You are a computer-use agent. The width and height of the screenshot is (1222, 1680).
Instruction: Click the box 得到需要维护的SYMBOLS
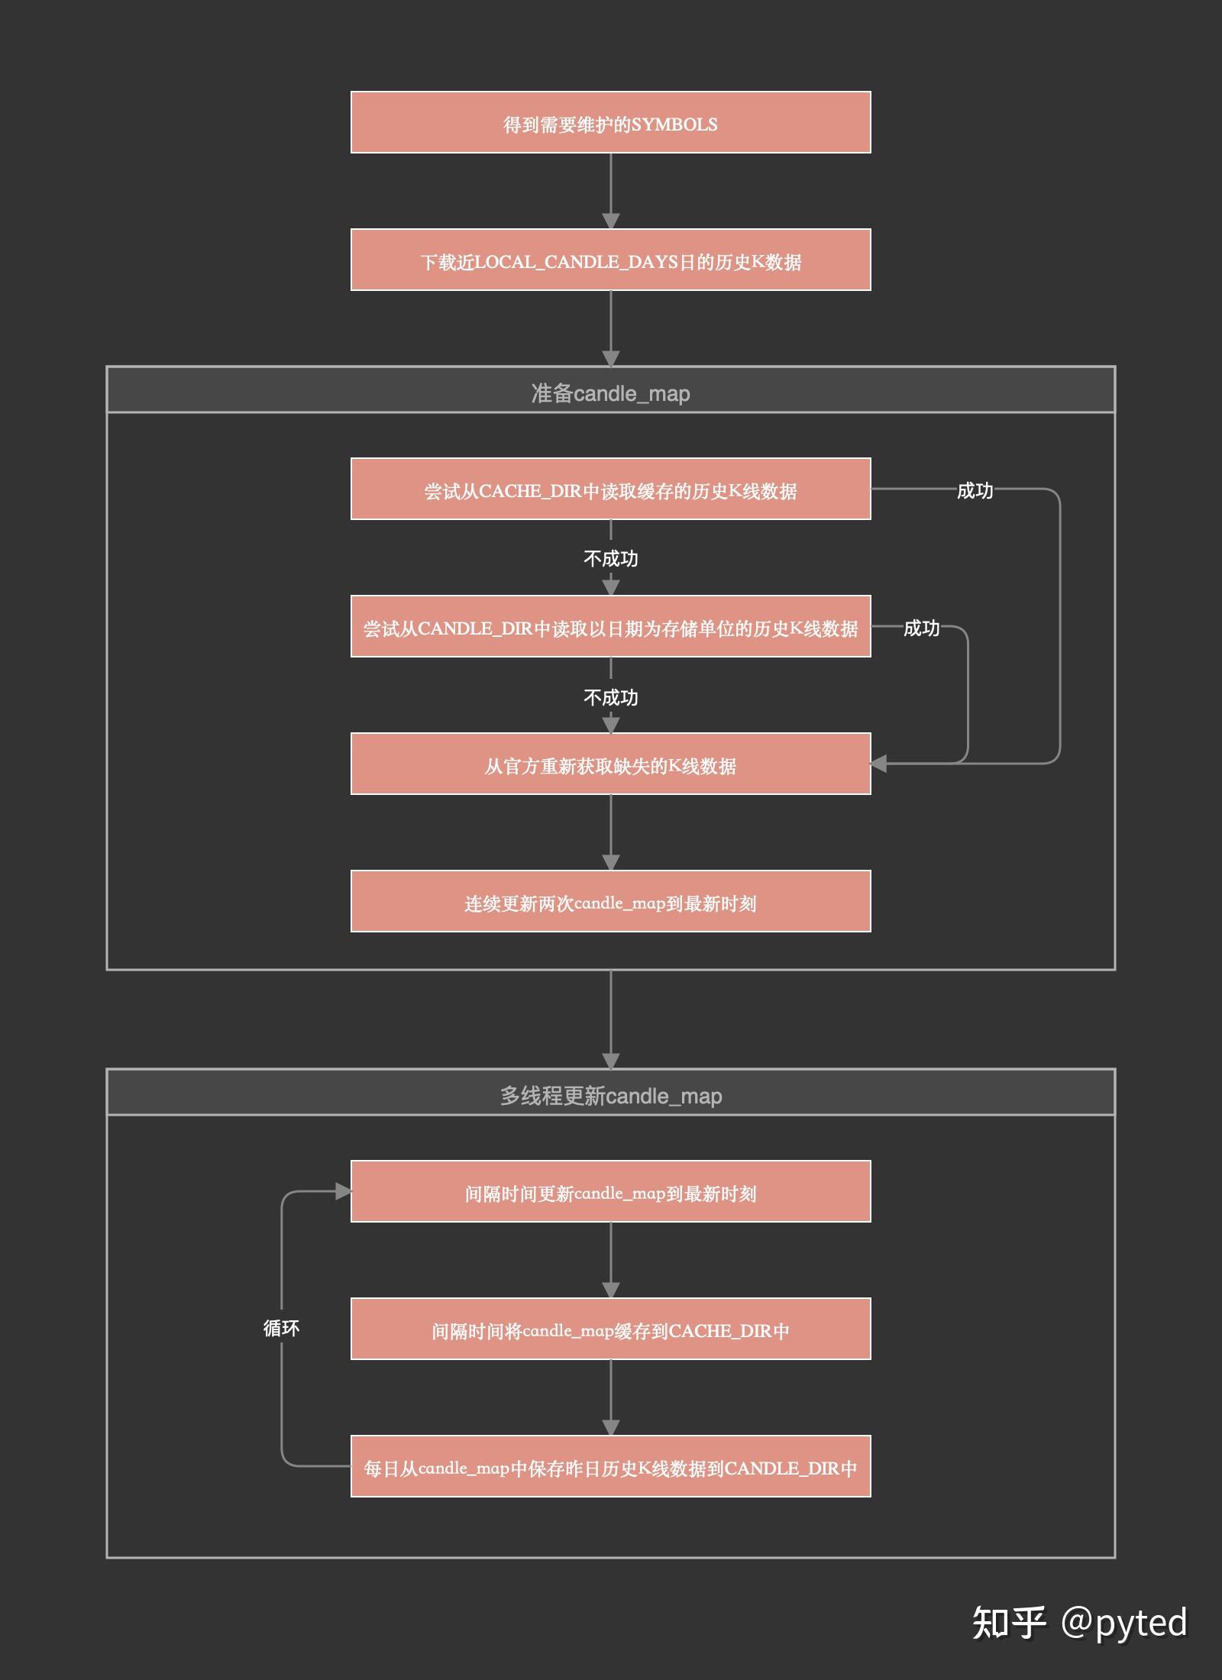610,122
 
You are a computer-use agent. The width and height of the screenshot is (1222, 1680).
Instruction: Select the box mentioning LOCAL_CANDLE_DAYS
610,260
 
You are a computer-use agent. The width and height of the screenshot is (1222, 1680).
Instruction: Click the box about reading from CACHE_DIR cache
610,489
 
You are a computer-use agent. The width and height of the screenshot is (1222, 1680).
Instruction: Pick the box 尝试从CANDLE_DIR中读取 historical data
610,626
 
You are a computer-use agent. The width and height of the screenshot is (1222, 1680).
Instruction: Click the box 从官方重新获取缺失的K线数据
610,764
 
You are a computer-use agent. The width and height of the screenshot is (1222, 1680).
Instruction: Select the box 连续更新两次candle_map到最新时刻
610,901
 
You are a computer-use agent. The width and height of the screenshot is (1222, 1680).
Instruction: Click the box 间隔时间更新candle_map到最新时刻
610,1191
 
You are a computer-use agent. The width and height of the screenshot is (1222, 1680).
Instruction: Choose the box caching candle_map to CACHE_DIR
610,1329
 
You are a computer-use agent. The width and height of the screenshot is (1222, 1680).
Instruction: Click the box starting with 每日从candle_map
610,1466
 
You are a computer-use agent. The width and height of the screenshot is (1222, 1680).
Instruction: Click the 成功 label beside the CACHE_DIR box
975,490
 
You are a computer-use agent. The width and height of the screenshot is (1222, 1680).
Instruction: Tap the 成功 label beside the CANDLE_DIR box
921,628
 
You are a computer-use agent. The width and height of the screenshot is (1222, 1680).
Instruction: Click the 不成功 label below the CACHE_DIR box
610,558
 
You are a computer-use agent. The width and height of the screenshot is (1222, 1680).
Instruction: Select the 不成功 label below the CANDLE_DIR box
610,697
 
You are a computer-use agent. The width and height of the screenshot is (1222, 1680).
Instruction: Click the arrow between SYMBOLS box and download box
610,191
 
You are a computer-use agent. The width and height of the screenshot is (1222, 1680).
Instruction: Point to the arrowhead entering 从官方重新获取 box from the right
878,764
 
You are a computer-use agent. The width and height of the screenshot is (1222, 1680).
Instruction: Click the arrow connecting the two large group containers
610,1019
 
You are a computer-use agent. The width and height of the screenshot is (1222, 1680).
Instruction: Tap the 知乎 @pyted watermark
1079,1622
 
